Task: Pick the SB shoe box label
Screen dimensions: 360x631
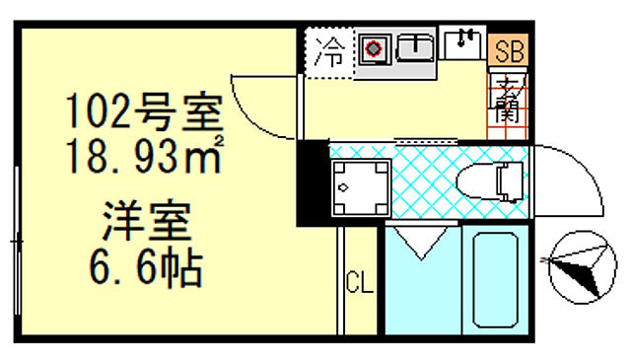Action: pyautogui.click(x=509, y=48)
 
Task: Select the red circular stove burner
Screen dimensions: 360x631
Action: pyautogui.click(x=374, y=47)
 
